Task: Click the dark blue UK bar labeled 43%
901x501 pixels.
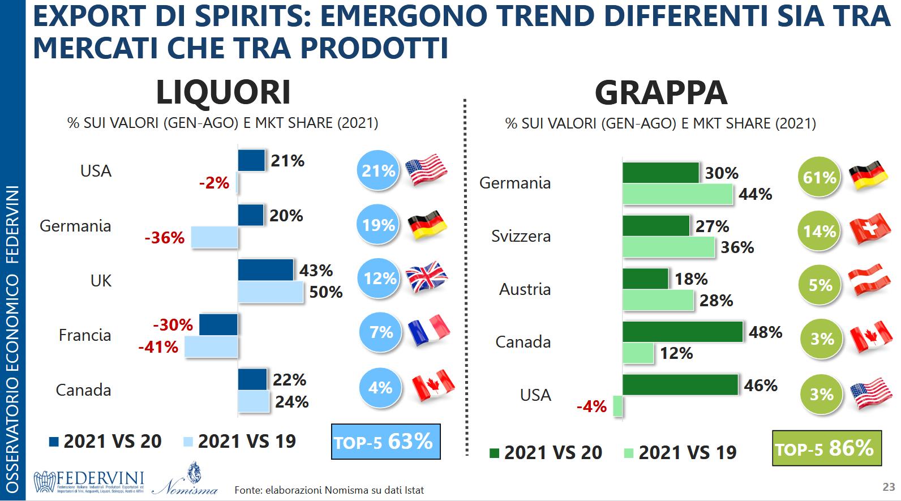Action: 265,269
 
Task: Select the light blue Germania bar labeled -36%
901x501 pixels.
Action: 214,237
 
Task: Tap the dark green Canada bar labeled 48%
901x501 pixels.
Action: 683,332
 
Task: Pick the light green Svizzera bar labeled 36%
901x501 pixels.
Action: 668,247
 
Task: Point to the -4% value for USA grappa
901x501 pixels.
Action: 591,406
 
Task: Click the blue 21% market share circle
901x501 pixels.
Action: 378,170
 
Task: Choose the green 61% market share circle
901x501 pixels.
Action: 819,178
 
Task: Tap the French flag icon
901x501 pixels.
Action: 428,330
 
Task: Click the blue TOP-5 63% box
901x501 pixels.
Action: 385,442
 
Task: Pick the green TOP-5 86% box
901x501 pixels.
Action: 826,449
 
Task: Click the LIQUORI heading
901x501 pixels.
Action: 223,92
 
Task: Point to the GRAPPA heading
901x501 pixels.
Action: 660,92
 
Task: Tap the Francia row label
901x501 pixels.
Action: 85,335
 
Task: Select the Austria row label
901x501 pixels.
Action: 525,289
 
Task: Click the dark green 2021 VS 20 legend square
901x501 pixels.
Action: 494,453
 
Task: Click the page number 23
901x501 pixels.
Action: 888,487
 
